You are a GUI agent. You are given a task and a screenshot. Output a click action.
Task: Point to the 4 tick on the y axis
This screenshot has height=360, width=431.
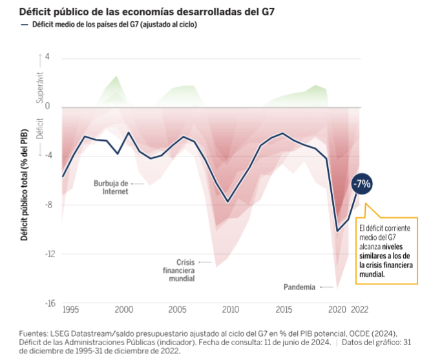coord(47,58)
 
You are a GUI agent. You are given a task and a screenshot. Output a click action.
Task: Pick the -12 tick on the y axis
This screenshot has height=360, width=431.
coord(45,254)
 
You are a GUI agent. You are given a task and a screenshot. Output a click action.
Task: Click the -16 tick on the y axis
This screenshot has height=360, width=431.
coord(45,303)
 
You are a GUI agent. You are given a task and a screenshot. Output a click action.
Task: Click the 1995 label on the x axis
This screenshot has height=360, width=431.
coord(70,309)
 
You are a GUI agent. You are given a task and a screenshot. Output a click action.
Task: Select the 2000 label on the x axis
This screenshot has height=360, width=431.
coord(123,309)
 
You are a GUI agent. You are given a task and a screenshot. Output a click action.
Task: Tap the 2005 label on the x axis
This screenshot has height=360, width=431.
coord(176,309)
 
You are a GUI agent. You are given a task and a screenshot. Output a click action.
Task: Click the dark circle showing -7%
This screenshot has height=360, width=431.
coord(362,184)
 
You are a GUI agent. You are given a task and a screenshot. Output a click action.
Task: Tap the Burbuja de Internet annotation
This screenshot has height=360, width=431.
coord(110,187)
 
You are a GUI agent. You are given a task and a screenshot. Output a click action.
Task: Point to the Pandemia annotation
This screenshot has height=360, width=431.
coord(300,286)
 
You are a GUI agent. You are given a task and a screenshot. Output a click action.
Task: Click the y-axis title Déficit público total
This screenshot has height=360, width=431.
coord(25,184)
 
